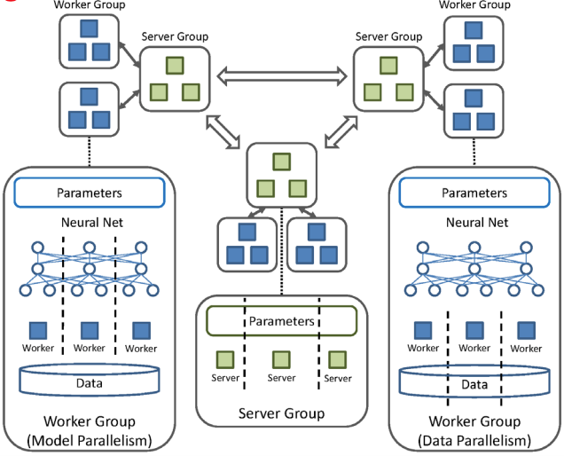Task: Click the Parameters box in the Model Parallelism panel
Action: click(90, 192)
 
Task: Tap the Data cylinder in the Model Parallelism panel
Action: click(90, 382)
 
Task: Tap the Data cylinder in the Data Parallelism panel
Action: click(474, 383)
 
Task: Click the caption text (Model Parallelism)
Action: click(89, 440)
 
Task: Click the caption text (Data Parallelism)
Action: click(475, 440)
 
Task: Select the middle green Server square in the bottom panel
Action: click(281, 358)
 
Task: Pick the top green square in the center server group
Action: click(281, 161)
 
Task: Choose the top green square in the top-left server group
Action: click(174, 65)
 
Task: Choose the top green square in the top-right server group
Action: click(387, 65)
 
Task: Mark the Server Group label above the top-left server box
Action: click(175, 36)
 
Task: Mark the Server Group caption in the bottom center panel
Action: click(281, 413)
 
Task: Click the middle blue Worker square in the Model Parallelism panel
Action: click(90, 330)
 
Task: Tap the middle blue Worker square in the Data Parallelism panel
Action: click(474, 330)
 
